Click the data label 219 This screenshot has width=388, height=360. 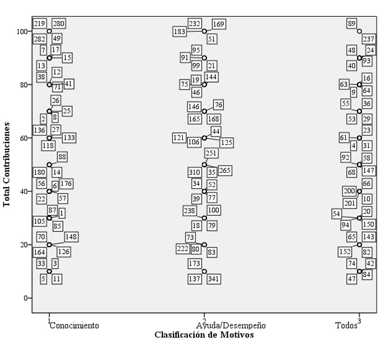tap(39, 24)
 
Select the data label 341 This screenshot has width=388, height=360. tap(215, 278)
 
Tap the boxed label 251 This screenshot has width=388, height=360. tap(212, 153)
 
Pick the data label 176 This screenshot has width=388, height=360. tap(67, 183)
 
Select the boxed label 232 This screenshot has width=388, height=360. tap(195, 24)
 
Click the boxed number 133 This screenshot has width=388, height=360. tap(69, 137)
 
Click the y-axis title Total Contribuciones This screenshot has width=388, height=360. tap(7, 164)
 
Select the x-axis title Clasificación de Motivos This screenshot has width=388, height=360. tap(204, 335)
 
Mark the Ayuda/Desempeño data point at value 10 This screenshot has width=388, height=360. tap(205, 271)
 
